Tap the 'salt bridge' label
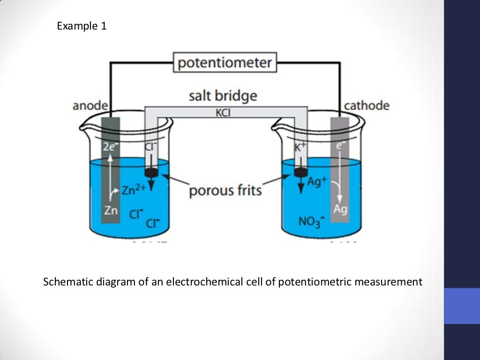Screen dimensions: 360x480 [223, 96]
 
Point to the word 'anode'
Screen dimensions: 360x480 [90, 106]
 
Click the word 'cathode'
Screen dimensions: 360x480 [367, 105]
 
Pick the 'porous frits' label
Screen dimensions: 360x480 [225, 191]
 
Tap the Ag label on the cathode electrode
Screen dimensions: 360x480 [340, 209]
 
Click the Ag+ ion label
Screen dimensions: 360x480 [317, 182]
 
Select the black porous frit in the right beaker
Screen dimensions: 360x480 [300, 172]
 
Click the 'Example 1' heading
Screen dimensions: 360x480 [82, 26]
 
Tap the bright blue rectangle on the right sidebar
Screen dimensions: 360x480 [462, 306]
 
